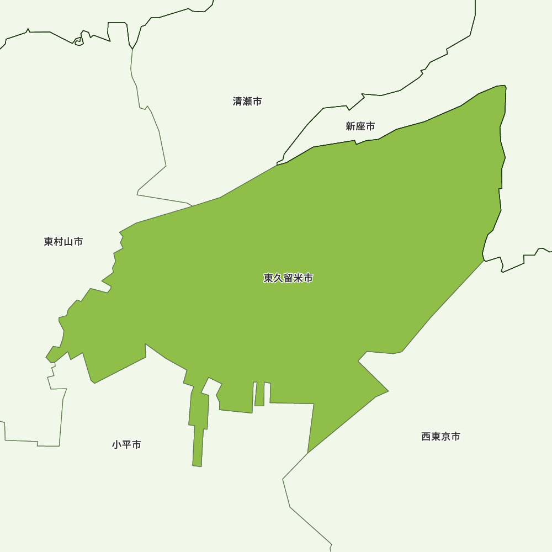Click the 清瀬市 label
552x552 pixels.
tap(247, 102)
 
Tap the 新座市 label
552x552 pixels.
tap(360, 126)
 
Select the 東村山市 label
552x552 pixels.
tap(63, 242)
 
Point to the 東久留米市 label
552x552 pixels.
tap(288, 278)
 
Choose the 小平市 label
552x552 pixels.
tap(126, 444)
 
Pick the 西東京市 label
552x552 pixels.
tap(440, 437)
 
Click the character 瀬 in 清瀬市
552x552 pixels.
tap(247, 102)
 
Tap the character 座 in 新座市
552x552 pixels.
tap(360, 126)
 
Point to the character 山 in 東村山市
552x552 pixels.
tap(68, 242)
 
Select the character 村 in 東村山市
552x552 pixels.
tap(59, 242)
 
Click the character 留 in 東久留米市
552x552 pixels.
tap(288, 278)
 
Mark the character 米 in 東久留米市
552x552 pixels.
tap(298, 278)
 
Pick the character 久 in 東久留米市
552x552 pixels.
tap(278, 278)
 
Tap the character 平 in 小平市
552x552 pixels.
tap(126, 444)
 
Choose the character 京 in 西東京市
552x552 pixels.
tap(445, 437)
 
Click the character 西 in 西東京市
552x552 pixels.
tap(426, 437)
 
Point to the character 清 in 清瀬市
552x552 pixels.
tap(238, 102)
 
